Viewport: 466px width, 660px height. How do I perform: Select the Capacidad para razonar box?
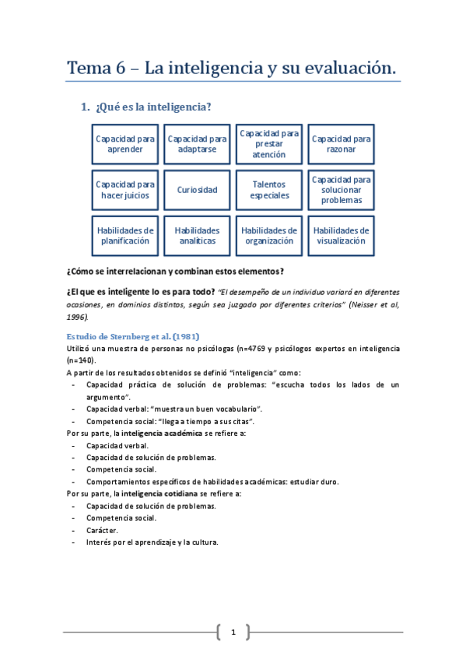pos(341,144)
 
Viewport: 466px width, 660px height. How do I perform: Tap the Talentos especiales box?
pos(269,190)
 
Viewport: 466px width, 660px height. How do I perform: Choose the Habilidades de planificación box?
pos(124,236)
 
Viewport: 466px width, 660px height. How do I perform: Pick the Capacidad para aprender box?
pos(124,144)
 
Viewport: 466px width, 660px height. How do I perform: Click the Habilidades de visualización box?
pos(341,236)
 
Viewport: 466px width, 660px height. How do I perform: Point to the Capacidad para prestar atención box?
pos(269,144)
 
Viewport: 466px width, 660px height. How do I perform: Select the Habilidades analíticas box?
pos(197,236)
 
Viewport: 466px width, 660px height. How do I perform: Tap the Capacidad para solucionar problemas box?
pos(341,190)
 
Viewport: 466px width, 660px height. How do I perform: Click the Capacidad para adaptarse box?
pos(197,144)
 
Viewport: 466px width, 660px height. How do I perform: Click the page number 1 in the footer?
pos(233,631)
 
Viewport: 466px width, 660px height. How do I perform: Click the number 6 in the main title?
pos(120,68)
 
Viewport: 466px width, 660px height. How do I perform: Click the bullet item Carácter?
pos(102,529)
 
